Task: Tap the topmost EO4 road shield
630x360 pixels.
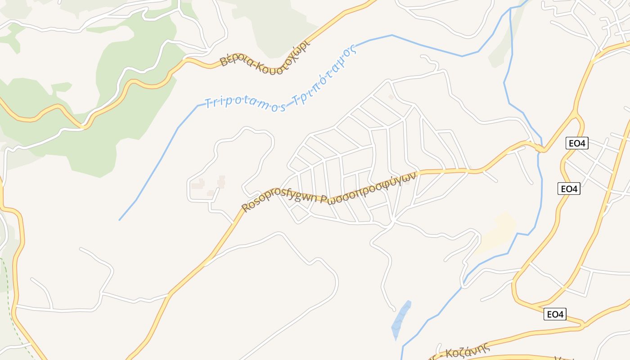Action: click(576, 144)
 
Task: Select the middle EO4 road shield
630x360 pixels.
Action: click(569, 189)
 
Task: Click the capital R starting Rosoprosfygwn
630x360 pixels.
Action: click(246, 208)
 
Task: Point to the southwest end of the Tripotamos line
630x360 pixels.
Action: click(120, 220)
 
